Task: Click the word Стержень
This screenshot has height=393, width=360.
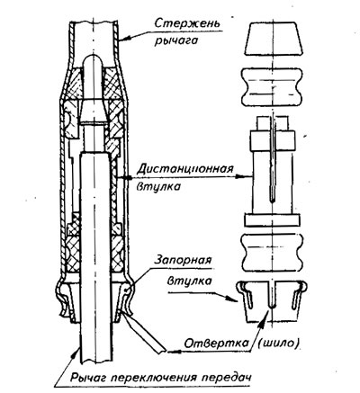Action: [x=187, y=25]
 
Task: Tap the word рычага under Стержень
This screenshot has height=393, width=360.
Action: [x=176, y=40]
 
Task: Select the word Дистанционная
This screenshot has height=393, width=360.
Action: [x=185, y=170]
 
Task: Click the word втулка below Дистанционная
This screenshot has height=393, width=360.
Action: [x=159, y=186]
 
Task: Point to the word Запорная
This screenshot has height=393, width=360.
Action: [x=182, y=261]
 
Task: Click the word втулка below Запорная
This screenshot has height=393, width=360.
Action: [x=189, y=281]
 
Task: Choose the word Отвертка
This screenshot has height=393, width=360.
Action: [x=216, y=344]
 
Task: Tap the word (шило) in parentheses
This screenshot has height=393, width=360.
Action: [x=278, y=344]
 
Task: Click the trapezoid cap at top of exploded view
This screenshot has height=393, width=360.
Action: [x=274, y=39]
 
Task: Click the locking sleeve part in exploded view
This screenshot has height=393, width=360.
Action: [x=272, y=301]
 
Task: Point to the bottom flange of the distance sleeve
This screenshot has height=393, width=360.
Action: [x=272, y=220]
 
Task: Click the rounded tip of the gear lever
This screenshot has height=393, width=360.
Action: [x=94, y=60]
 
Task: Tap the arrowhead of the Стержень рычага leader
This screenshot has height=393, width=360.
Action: [x=125, y=39]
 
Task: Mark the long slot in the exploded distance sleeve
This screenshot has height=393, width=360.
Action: [x=272, y=159]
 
